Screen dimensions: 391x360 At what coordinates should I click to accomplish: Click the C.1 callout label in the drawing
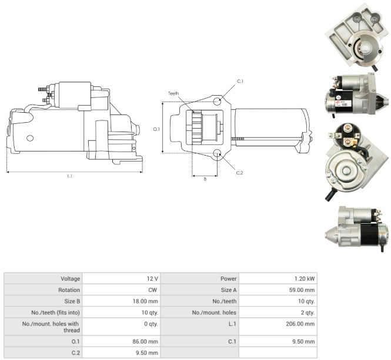pos(240,81)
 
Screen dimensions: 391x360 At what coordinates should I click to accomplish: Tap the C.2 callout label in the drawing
pos(239,173)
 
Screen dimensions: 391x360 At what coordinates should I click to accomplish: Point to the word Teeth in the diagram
pos(173,93)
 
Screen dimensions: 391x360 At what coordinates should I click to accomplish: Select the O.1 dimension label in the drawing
pos(156,129)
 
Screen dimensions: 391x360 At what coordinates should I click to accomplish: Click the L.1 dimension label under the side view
pos(69,176)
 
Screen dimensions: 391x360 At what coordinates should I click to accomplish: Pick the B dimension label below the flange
pos(205,179)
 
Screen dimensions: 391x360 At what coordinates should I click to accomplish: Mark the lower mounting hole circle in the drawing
pos(218,153)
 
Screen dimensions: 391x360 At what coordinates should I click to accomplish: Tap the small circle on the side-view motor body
pos(30,138)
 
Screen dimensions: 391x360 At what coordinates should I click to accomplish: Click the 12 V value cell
pos(152,278)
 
